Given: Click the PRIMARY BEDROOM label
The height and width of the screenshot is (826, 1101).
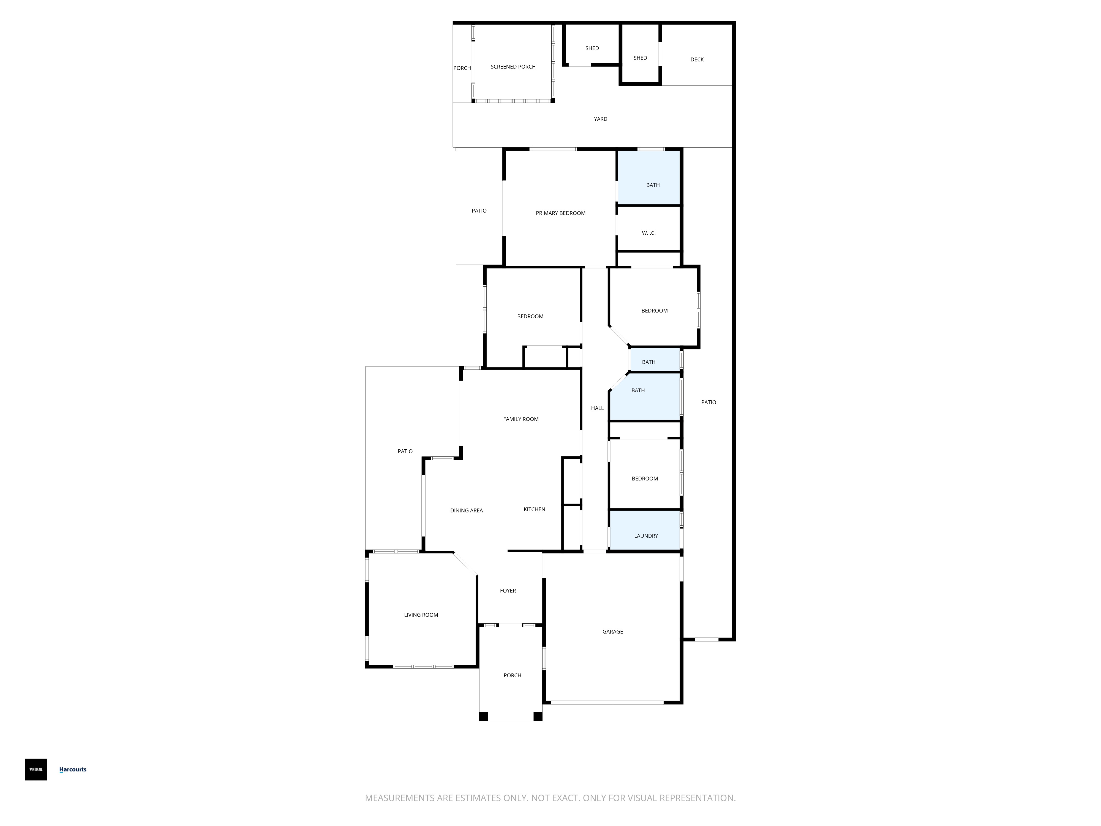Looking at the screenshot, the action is click(560, 213).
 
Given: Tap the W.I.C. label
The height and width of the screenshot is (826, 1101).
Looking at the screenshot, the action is click(648, 233).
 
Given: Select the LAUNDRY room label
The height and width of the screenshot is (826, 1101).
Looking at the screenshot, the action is click(646, 536).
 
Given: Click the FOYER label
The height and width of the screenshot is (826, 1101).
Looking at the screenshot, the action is click(508, 591).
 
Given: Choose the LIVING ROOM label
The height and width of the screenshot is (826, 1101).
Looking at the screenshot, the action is click(421, 615).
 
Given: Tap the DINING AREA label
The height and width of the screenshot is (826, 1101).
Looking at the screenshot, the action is click(466, 510).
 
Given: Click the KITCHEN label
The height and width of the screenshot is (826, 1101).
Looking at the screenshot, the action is click(535, 509).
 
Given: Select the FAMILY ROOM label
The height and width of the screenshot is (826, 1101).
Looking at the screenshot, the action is click(521, 419).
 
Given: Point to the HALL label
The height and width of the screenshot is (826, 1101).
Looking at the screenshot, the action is click(597, 408).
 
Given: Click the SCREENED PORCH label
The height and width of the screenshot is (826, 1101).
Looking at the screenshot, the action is click(513, 67).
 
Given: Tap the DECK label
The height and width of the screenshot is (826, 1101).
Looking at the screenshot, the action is click(697, 60).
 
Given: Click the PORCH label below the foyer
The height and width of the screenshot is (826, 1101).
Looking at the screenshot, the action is click(512, 676).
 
